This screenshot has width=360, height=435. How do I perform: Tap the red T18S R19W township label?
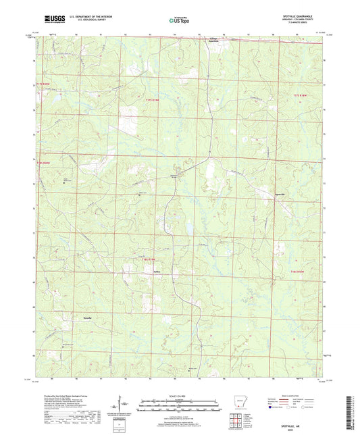148,258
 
